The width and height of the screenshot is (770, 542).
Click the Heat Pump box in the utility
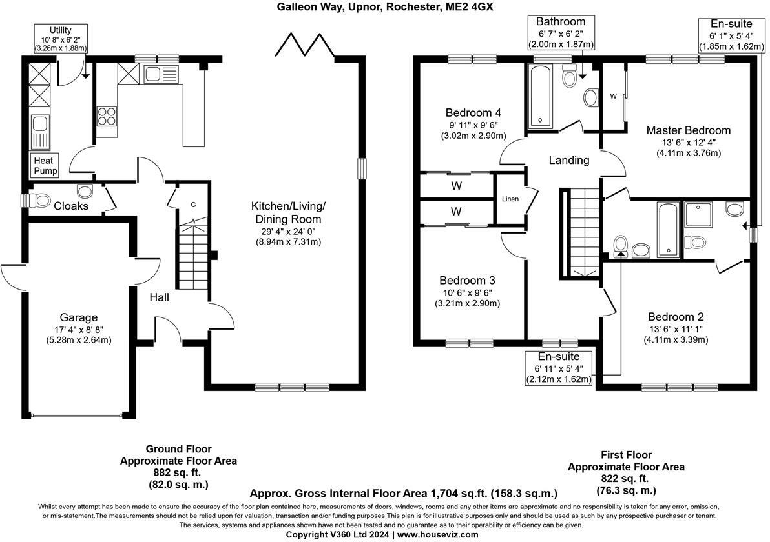(x=45, y=166)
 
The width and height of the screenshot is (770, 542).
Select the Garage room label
(x=78, y=317)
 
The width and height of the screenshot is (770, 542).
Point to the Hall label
(x=159, y=297)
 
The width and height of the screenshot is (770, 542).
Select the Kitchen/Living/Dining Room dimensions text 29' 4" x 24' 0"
(x=288, y=230)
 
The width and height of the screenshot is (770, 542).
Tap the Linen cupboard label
(x=510, y=199)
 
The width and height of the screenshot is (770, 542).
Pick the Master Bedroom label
(x=688, y=130)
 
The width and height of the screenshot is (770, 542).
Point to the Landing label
(x=568, y=160)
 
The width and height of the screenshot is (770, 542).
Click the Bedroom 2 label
(x=676, y=317)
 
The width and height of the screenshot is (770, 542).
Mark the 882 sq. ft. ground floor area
(x=178, y=472)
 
